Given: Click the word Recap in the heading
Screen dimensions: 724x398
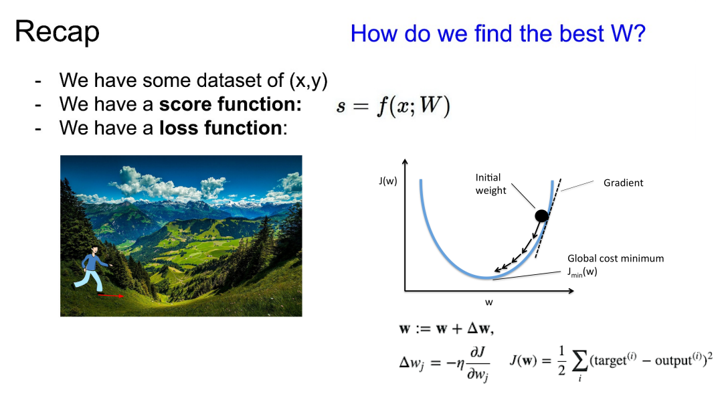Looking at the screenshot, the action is coord(58,32).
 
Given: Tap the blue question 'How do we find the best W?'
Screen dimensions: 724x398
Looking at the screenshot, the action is coord(498,33).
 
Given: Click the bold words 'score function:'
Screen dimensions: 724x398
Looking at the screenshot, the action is coord(230,104).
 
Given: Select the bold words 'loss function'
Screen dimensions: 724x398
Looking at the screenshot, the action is coord(221,128).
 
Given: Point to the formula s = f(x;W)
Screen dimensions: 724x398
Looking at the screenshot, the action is coord(393,106).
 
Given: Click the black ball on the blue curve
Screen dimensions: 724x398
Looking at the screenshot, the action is coord(541,215).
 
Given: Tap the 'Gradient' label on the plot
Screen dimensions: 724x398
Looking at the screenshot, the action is coord(624,183).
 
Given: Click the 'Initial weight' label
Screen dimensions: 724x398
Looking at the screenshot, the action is coord(491,184).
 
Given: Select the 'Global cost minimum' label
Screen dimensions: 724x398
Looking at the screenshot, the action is coord(616,259).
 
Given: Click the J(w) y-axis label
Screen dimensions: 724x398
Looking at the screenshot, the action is coord(388,181).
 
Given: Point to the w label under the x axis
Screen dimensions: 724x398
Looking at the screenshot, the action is coord(489,302).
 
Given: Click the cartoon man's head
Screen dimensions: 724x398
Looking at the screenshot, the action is coord(94,250).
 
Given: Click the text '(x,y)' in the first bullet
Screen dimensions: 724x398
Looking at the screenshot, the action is coord(308,81).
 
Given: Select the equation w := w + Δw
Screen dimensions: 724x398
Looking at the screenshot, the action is coord(446,328).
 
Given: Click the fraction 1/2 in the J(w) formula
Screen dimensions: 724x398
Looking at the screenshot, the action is coord(561,360).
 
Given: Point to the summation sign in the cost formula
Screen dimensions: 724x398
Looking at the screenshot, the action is coord(580,361).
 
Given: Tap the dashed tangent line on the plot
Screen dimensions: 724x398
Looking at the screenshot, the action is coord(548,218).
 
